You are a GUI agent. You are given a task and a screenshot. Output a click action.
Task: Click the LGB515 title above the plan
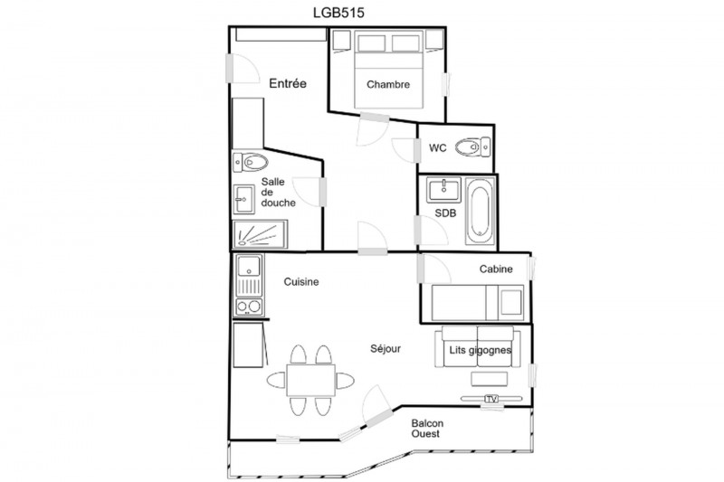[x=338, y=13]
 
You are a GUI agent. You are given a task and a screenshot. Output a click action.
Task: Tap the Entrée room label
[x=288, y=83]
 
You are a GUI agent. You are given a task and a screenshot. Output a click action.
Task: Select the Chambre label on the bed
[x=388, y=84]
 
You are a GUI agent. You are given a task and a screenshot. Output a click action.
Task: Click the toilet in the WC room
[x=472, y=147]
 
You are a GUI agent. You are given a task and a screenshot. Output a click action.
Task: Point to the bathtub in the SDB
[x=480, y=212]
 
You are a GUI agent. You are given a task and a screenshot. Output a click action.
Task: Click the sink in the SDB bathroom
[x=443, y=190]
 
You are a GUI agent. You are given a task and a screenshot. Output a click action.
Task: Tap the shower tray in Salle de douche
[x=260, y=234]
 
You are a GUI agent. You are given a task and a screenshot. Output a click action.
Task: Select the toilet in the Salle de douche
[x=251, y=162]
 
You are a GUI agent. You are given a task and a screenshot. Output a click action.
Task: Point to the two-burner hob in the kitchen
[x=249, y=307]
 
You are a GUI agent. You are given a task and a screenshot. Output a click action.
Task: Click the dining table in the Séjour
[x=310, y=381]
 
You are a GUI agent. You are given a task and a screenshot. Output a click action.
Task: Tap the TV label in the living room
[x=491, y=399]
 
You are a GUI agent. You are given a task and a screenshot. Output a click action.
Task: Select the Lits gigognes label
[x=481, y=350]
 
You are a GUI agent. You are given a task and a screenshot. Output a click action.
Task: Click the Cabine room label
[x=496, y=269]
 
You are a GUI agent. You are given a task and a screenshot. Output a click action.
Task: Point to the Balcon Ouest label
[x=427, y=429]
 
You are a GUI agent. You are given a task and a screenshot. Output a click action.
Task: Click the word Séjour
[x=386, y=349]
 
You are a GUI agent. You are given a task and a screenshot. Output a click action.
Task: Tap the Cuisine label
[x=301, y=282]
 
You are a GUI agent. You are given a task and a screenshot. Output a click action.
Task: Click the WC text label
[x=438, y=148]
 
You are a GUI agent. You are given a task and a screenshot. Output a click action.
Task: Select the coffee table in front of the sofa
[x=490, y=379]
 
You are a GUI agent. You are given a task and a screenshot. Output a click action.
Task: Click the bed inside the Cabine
[x=478, y=303]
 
